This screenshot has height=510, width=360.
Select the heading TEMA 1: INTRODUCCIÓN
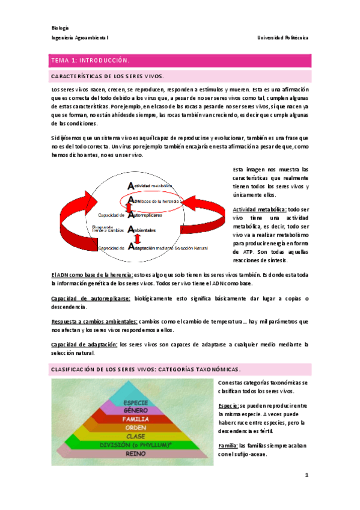coord(90,61)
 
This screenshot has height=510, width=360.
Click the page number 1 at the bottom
coord(305,475)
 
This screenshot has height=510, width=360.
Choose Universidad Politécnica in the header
coord(282,37)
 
